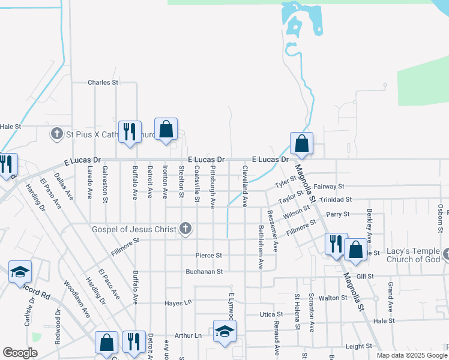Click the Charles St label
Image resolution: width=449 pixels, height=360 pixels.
[x=103, y=83]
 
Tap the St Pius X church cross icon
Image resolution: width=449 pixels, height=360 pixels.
[x=57, y=133]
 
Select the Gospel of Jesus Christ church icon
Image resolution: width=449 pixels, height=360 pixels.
[x=186, y=229]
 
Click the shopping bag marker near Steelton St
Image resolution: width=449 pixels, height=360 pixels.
[x=166, y=130]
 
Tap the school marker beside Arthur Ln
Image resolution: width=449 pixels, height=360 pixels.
[x=224, y=332]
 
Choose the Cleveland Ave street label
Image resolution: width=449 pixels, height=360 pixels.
[x=245, y=186]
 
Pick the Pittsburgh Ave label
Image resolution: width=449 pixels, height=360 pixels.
[x=212, y=188]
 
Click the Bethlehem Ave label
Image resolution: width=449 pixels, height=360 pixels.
[x=261, y=246]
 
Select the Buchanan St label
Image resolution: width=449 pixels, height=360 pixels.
[x=204, y=271]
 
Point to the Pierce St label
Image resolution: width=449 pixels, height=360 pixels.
[x=208, y=256]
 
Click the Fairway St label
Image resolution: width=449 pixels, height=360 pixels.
[x=328, y=187]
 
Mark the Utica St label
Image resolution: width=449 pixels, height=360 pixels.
[x=271, y=314]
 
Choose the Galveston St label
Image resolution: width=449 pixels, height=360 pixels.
[x=106, y=182]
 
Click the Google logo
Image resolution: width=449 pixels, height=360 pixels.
[x=20, y=353]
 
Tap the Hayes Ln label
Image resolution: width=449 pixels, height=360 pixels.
[x=177, y=303]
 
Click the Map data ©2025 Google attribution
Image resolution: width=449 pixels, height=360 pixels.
[x=412, y=355]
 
